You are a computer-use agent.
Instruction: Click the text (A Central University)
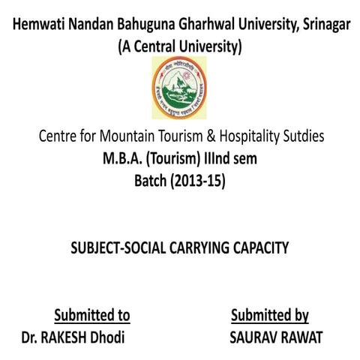pyautogui.click(x=179, y=47)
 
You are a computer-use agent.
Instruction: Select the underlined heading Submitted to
pyautogui.click(x=91, y=314)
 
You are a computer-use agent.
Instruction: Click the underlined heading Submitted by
pyautogui.click(x=270, y=314)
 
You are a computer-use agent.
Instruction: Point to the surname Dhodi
pyautogui.click(x=106, y=337)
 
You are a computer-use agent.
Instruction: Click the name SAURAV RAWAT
pyautogui.click(x=276, y=337)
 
